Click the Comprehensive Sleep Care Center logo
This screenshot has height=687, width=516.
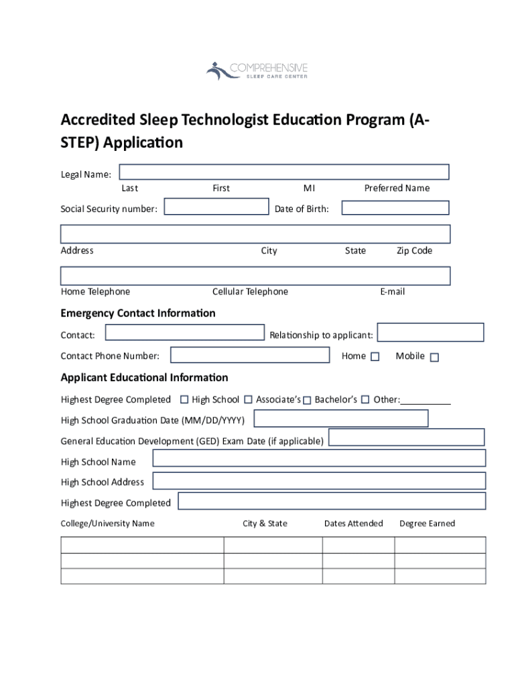coord(257,70)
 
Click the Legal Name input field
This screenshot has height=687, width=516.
coord(285,172)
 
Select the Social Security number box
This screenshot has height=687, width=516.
coord(216,207)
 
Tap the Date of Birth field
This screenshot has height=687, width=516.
coord(395,207)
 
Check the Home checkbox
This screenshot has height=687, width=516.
coord(375,357)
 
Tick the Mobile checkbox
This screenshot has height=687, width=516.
coord(434,358)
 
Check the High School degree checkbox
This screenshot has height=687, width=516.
coord(184,400)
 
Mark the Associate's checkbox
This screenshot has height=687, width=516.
coord(249,400)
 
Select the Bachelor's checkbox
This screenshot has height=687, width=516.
coord(307,401)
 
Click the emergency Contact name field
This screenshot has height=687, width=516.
coord(185,333)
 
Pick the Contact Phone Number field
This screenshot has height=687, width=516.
coord(250,355)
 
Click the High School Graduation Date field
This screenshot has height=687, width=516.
coord(341,419)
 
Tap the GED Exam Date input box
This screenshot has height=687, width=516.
coord(406,437)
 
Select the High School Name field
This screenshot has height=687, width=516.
coord(319,458)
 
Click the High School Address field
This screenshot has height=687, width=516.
coord(319,480)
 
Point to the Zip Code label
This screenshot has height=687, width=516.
coord(414,251)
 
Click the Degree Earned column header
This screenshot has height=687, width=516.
coord(427,523)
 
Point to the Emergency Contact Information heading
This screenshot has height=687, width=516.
coord(138,313)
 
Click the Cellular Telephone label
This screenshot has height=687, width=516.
coord(250,292)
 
